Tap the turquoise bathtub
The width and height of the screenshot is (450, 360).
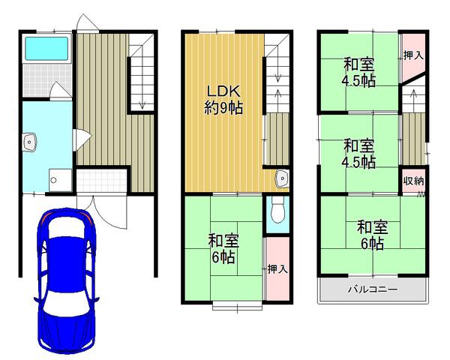pyautogui.click(x=46, y=49)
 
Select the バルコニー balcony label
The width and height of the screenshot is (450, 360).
pyautogui.click(x=372, y=289)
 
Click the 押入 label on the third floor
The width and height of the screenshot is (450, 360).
pyautogui.click(x=412, y=55)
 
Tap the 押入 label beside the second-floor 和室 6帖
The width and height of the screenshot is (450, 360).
pyautogui.click(x=277, y=268)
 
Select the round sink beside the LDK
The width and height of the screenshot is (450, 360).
pyautogui.click(x=281, y=178)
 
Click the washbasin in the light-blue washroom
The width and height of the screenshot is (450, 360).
pyautogui.click(x=30, y=141)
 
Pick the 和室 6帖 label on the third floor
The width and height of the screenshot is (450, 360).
pyautogui.click(x=371, y=235)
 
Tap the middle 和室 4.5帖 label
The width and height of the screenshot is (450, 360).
pyautogui.click(x=359, y=152)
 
